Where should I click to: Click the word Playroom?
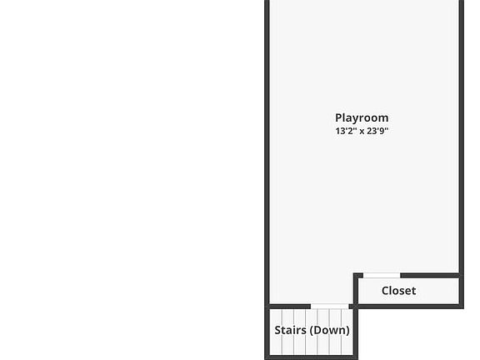pyautogui.click(x=362, y=118)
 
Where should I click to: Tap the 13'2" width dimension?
pyautogui.click(x=346, y=131)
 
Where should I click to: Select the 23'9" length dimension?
pyautogui.click(x=377, y=131)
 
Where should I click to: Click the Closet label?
pyautogui.click(x=398, y=291)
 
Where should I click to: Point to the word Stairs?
pyautogui.click(x=290, y=330)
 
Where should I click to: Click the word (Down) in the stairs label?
pyautogui.click(x=330, y=330)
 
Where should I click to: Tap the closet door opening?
pyautogui.click(x=382, y=276)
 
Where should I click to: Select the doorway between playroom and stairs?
pyautogui.click(x=330, y=307)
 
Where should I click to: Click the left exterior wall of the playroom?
pyautogui.click(x=267, y=152)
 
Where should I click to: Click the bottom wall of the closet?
pyautogui.click(x=408, y=307)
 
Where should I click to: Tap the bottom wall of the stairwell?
pyautogui.click(x=311, y=357)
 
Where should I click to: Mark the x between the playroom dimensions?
pyautogui.click(x=362, y=132)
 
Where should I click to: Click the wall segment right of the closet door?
pyautogui.click(x=429, y=276)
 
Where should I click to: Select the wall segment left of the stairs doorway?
pyautogui.click(x=290, y=307)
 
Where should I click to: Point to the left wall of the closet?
pyautogui.click(x=356, y=291)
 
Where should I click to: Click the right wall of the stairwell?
pyautogui.click(x=356, y=332)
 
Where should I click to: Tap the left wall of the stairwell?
pyautogui.click(x=267, y=332)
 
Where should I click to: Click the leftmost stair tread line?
pyautogui.click(x=282, y=332)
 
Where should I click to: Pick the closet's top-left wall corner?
pyautogui.click(x=356, y=276)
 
